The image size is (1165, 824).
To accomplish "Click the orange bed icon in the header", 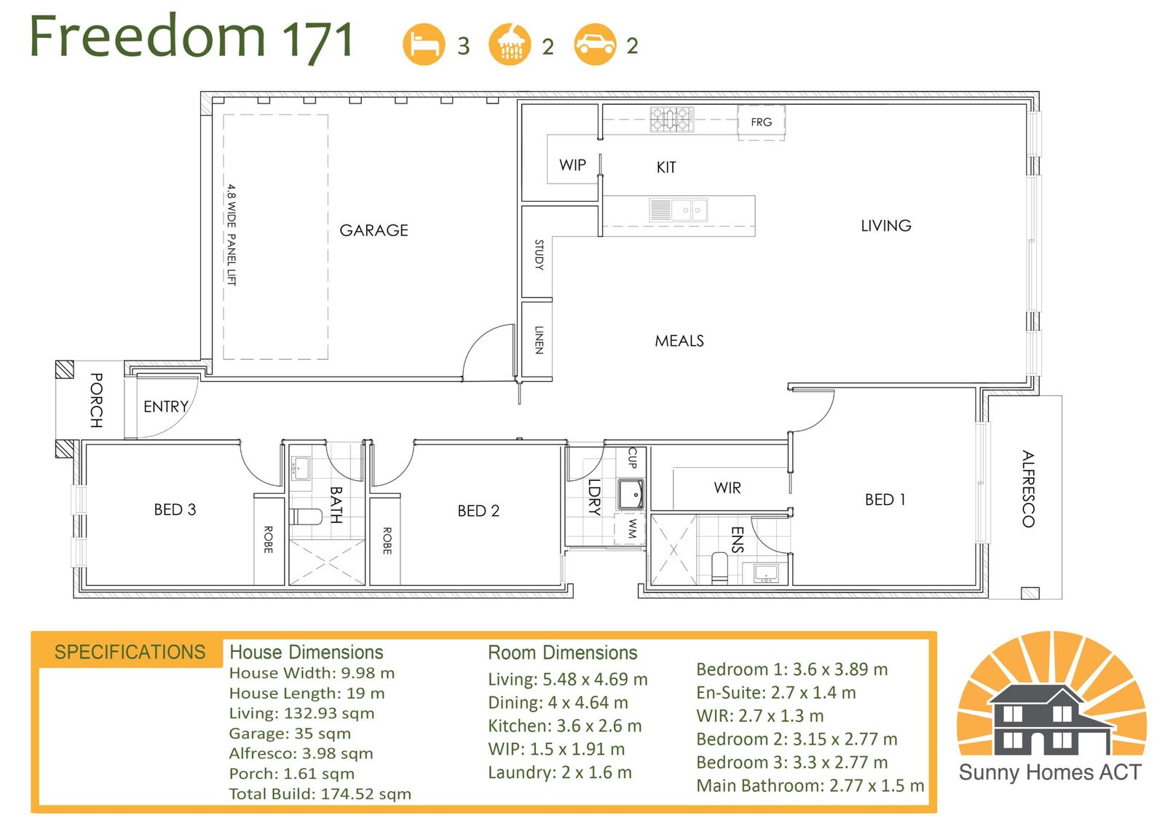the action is coord(424,44).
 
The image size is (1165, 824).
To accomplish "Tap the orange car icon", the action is coord(596,44).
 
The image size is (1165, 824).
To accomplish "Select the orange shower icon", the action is coord(510,44).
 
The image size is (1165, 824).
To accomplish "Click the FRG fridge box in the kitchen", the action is coord(761,122).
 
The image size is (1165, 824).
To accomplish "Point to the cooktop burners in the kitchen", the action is coord(671,119).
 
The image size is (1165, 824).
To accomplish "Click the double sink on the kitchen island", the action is coord(678,211).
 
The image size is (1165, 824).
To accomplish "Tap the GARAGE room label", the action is coord(374,230).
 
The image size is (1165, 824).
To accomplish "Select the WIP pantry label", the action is coord(572,165).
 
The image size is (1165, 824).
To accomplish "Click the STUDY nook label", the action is coord(539,254).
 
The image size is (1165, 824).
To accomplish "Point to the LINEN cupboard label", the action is coord(539,340).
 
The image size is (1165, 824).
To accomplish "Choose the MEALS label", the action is coord(679,341).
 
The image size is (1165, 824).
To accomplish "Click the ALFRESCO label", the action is coord(1027,489).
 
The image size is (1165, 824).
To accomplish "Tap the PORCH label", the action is coord(96,400).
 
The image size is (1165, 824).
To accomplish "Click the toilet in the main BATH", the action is coord(307,517).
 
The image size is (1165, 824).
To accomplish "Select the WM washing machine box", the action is coord(631,529).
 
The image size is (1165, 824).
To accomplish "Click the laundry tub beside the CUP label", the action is coord(631,494).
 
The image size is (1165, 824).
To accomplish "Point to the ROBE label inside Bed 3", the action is coord(268,539).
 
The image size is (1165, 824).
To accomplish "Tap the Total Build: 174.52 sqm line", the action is coord(320,794).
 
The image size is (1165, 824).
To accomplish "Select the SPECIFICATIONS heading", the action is coord(130,652).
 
